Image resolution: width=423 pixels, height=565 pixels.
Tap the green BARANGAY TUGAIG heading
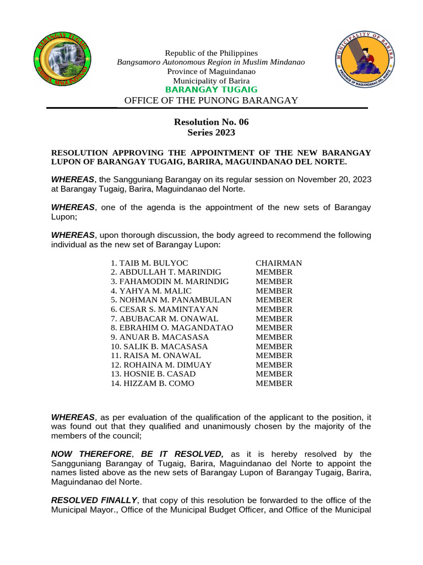click(211, 90)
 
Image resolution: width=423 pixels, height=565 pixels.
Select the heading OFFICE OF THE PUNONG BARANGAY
click(211, 100)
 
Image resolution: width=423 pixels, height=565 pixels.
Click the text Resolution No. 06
click(211, 122)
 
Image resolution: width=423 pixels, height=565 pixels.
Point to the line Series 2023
click(211, 132)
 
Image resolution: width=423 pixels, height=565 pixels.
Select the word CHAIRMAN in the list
click(279, 263)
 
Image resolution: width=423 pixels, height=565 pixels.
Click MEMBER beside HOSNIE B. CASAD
click(274, 374)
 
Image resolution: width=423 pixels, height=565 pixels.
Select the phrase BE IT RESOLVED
click(182, 454)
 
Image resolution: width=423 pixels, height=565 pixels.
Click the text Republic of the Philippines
click(211, 53)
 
